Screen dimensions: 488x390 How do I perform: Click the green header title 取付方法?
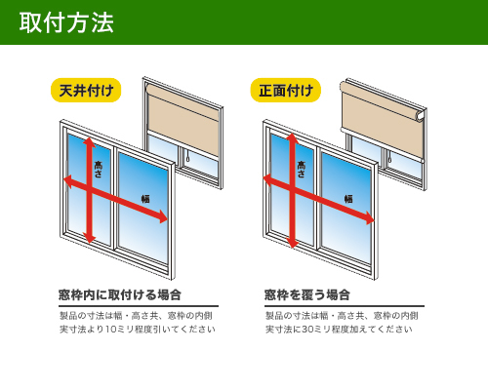pyautogui.click(x=66, y=22)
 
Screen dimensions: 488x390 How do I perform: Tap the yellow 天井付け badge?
pyautogui.click(x=86, y=90)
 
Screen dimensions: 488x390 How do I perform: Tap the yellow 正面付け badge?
pyautogui.click(x=286, y=90)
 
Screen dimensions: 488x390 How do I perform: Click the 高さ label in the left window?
pyautogui.click(x=99, y=169)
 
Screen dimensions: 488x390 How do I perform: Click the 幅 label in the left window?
pyautogui.click(x=145, y=199)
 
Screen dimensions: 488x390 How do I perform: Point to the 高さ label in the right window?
pyautogui.click(x=302, y=169)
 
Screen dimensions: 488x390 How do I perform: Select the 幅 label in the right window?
pyautogui.click(x=348, y=199)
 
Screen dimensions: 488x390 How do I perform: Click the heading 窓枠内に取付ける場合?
pyautogui.click(x=120, y=294)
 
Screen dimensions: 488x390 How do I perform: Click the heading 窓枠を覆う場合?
pyautogui.click(x=307, y=294)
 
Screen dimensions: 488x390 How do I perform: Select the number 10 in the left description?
pyautogui.click(x=110, y=330)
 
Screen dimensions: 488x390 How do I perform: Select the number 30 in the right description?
pyautogui.click(x=307, y=330)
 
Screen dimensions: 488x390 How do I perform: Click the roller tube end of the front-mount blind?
pyautogui.click(x=421, y=116)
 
